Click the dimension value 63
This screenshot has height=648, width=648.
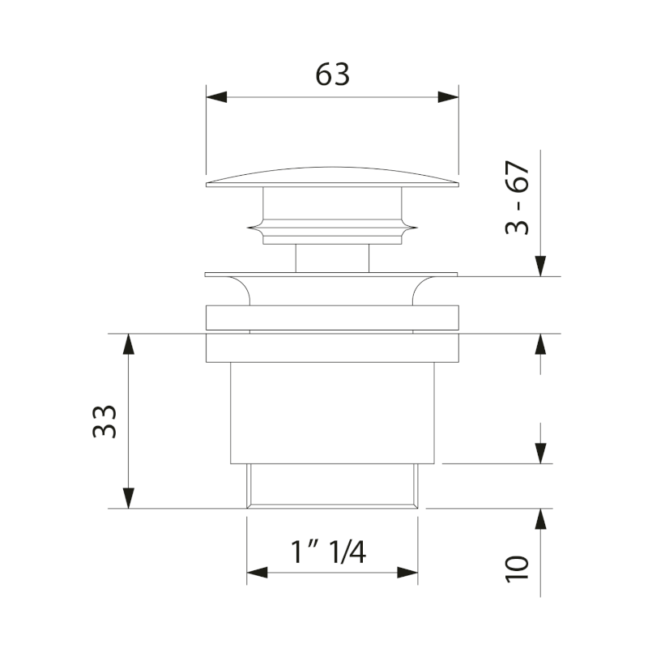pos(332,74)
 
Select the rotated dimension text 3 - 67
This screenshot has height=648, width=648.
pos(518,198)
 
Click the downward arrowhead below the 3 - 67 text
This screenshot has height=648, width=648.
pos(541,266)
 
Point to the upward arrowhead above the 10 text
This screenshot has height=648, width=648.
pos(541,519)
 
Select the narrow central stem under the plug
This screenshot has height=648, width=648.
pos(332,258)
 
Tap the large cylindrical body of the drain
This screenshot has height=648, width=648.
pos(332,411)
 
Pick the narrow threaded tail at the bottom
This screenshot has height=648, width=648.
pos(332,485)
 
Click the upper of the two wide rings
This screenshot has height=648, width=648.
pos(332,317)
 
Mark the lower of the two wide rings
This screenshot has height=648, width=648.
pos(332,347)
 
